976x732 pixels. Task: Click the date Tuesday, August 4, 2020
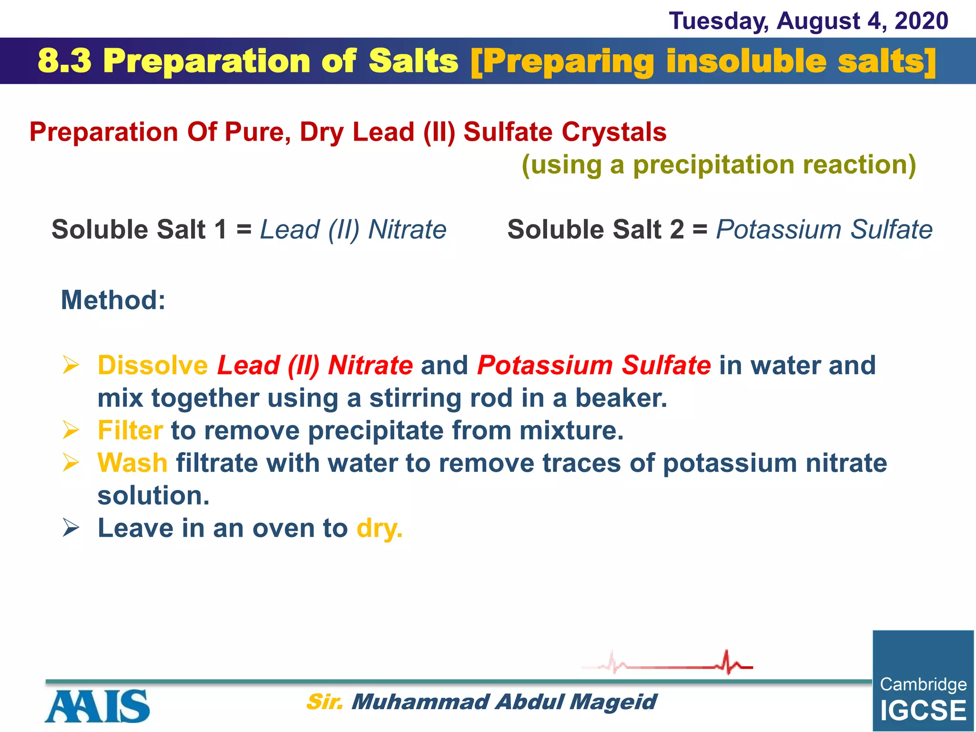pos(808,21)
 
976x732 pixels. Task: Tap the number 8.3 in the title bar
pos(64,61)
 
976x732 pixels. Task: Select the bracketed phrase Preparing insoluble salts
pos(703,61)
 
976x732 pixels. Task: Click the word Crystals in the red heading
pos(614,132)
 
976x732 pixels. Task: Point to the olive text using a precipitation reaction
pos(719,165)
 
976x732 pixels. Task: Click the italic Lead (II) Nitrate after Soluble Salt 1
pos(353,230)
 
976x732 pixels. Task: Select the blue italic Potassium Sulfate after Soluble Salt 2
pos(824,230)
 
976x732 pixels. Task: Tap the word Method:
pos(113,300)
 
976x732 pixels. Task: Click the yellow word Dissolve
pos(152,366)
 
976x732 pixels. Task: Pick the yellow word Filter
pos(130,430)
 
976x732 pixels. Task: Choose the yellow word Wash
pos(132,463)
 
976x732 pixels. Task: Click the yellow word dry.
pos(379,528)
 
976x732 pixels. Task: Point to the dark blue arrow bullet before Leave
pos(71,528)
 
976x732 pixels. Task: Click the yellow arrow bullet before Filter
pos(71,430)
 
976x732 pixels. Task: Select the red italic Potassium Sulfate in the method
pos(594,366)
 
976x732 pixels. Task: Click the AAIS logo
pos(97,706)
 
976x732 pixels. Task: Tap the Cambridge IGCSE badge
pos(923,681)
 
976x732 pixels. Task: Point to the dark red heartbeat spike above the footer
pos(727,662)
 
